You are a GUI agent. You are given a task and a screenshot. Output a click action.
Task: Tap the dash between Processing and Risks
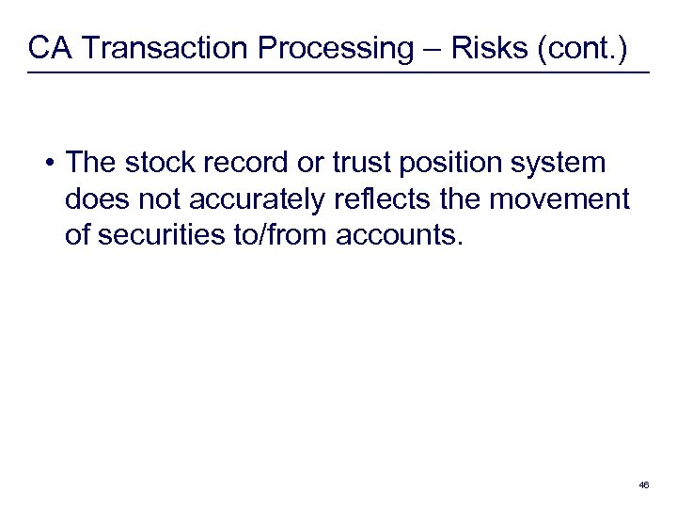pyautogui.click(x=430, y=49)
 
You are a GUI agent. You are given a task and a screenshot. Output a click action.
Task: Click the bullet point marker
pyautogui.click(x=47, y=164)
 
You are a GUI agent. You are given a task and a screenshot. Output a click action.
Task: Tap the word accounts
pyautogui.click(x=401, y=234)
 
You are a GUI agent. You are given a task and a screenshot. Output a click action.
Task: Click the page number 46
pyautogui.click(x=643, y=484)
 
